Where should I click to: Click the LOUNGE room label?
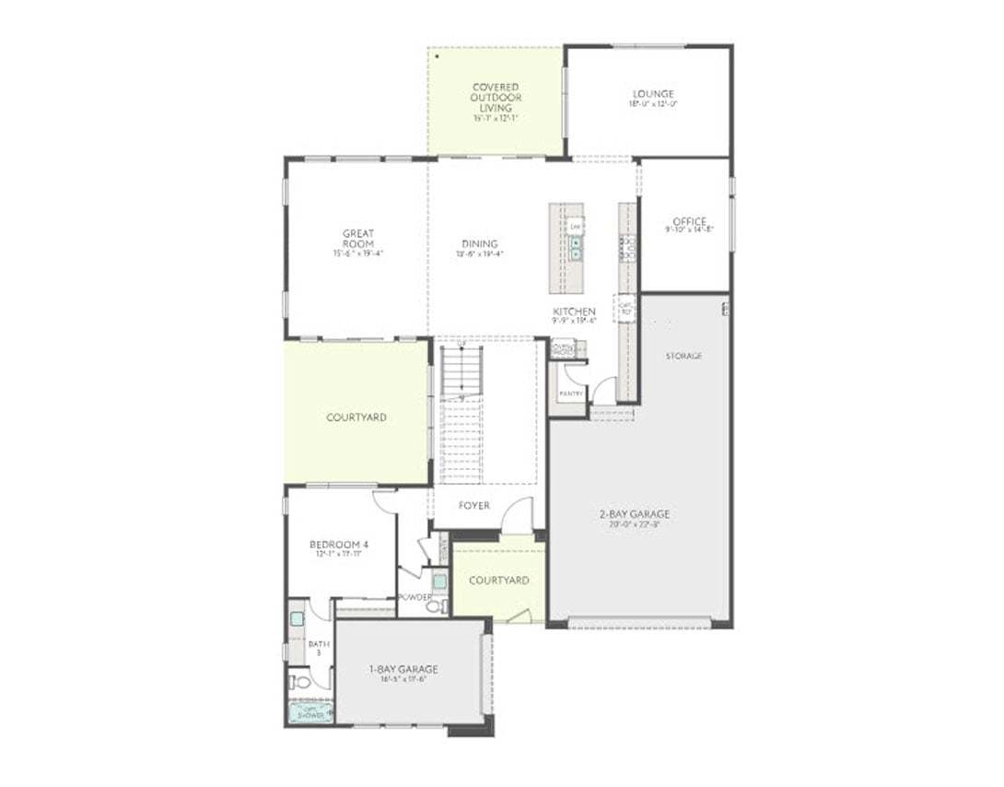pyautogui.click(x=653, y=94)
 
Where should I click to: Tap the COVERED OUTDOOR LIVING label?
pyautogui.click(x=496, y=98)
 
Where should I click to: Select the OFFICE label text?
pyautogui.click(x=689, y=222)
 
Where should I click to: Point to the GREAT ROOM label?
pyautogui.click(x=357, y=239)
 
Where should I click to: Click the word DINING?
pyautogui.click(x=480, y=244)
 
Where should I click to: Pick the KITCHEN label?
pyautogui.click(x=574, y=311)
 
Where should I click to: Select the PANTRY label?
pyautogui.click(x=571, y=393)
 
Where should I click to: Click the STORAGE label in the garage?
pyautogui.click(x=683, y=356)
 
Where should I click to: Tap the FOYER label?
pyautogui.click(x=474, y=506)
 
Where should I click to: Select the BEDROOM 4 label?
pyautogui.click(x=339, y=545)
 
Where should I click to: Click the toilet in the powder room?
pyautogui.click(x=433, y=605)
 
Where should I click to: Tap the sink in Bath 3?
pyautogui.click(x=297, y=618)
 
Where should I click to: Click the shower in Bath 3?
pyautogui.click(x=310, y=711)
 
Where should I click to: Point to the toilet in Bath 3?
pyautogui.click(x=299, y=683)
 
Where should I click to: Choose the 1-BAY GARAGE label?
pyautogui.click(x=403, y=670)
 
